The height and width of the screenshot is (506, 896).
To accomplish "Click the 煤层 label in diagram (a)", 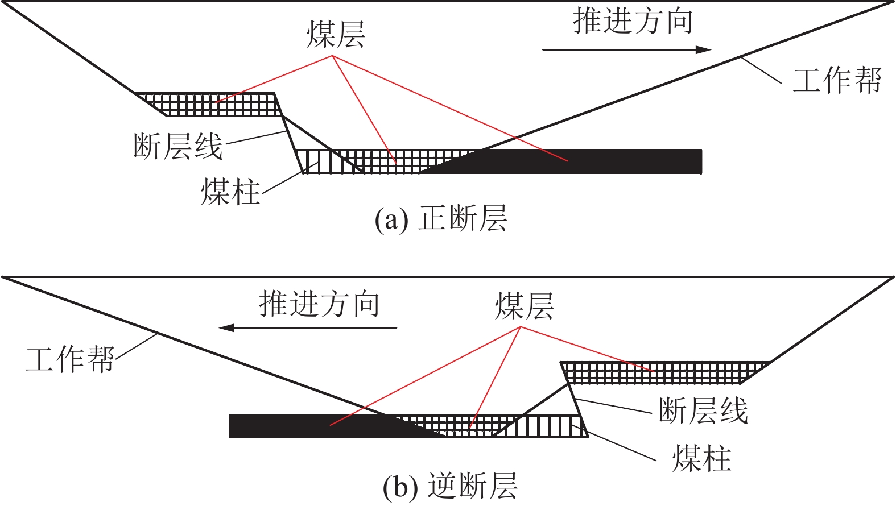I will [x=336, y=34].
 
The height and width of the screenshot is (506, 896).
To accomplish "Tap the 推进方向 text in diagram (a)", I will [x=633, y=22].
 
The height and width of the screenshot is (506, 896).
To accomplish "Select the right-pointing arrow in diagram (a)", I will [x=626, y=49].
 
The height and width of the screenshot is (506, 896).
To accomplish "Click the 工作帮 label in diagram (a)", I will [x=837, y=80].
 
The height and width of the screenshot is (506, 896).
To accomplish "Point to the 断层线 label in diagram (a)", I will [x=177, y=146].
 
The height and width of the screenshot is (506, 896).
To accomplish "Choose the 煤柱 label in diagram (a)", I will [x=230, y=191].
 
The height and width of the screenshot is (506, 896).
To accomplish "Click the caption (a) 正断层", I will [x=441, y=218].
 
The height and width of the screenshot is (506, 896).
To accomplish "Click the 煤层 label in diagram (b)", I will [x=524, y=306].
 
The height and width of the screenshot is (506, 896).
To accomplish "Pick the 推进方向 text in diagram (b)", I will [x=319, y=304].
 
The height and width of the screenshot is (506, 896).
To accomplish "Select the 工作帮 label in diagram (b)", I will [x=70, y=360].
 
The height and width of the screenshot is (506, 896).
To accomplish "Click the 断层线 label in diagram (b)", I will [x=703, y=410].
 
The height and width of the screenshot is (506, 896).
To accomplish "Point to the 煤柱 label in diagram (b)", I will [x=701, y=458].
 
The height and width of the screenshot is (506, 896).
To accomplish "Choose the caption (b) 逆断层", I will [x=450, y=487].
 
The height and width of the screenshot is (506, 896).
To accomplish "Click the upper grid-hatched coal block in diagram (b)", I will [x=660, y=373].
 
